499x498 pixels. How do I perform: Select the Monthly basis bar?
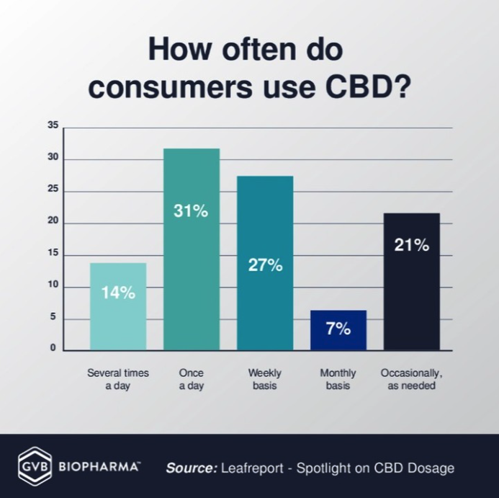pyautogui.click(x=338, y=330)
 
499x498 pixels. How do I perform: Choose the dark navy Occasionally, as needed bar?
pyautogui.click(x=411, y=281)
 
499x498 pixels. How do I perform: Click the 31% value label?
pyautogui.click(x=192, y=211)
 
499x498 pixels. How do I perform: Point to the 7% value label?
pyautogui.click(x=338, y=329)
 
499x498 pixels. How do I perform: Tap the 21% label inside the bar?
pyautogui.click(x=411, y=245)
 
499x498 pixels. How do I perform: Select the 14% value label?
pyautogui.click(x=118, y=293)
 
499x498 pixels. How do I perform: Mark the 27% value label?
pyautogui.click(x=265, y=264)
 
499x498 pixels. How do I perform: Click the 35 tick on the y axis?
pyautogui.click(x=53, y=125)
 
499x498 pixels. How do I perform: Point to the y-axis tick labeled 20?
pyautogui.click(x=53, y=223)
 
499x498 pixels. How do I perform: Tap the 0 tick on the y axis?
pyautogui.click(x=53, y=348)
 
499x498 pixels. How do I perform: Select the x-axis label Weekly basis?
pyautogui.click(x=265, y=379)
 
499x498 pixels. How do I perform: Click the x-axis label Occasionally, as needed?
pyautogui.click(x=411, y=379)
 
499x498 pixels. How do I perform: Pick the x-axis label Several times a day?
pyautogui.click(x=118, y=379)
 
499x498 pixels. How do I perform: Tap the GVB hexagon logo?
pyautogui.click(x=34, y=467)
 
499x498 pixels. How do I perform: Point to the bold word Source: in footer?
pyautogui.click(x=192, y=468)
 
